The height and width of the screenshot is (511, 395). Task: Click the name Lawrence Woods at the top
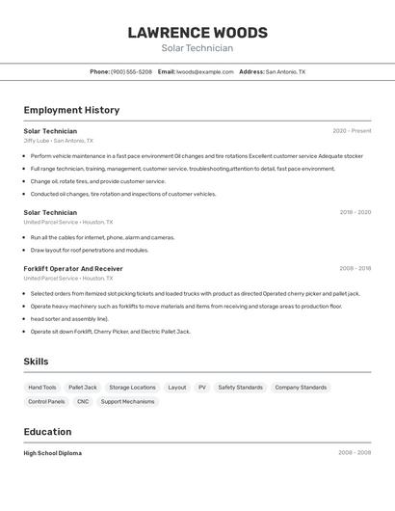(x=197, y=32)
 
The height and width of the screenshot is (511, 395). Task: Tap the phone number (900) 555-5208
(x=131, y=71)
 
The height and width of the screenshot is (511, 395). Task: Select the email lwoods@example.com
(x=204, y=71)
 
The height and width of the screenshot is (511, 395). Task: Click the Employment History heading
(x=71, y=110)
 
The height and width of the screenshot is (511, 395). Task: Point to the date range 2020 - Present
(x=352, y=131)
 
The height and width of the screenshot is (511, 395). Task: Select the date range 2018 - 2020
(x=355, y=212)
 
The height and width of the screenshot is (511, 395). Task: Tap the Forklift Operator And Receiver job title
(x=73, y=269)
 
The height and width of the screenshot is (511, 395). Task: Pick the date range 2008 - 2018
(x=355, y=269)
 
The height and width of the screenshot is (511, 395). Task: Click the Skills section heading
(x=37, y=362)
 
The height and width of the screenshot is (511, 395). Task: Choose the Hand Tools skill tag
(x=42, y=388)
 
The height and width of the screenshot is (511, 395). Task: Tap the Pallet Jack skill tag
(x=83, y=388)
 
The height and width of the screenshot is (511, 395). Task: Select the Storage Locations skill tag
(x=132, y=388)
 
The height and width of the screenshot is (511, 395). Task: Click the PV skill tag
(x=202, y=388)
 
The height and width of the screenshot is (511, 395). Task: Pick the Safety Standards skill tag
(x=240, y=388)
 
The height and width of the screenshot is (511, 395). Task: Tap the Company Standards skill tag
(x=301, y=388)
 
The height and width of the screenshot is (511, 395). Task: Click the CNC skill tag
(x=83, y=402)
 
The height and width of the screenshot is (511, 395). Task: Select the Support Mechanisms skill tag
(x=127, y=402)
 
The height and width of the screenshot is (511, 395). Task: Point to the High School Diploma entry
(x=53, y=453)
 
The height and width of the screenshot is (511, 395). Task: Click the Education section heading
(x=48, y=432)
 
